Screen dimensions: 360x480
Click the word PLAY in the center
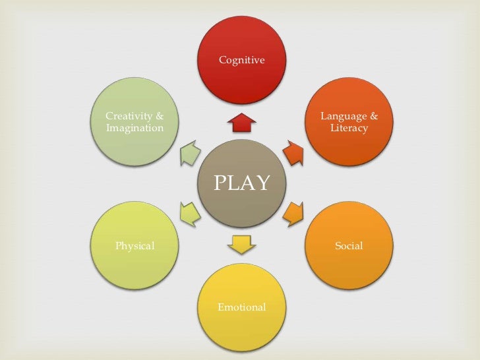241,183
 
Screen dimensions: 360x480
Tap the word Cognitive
241,60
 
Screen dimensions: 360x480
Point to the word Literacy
349,128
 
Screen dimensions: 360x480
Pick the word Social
349,246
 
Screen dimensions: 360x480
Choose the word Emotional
241,307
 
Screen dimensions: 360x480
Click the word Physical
135,246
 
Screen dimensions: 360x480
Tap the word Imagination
135,128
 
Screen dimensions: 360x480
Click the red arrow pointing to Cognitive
241,123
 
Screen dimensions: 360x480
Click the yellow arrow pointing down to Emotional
241,244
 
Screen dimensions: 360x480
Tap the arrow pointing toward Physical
190,212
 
